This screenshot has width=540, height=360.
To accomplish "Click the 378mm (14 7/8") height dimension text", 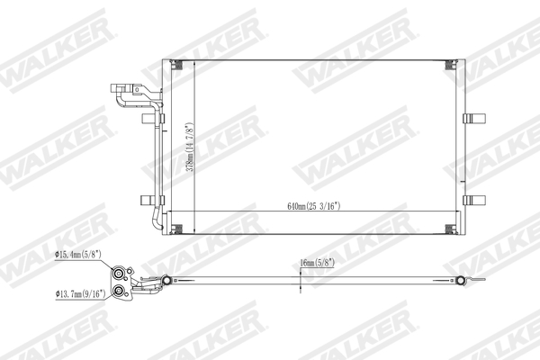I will (188, 148).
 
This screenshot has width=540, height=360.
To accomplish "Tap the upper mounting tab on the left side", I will (148, 118).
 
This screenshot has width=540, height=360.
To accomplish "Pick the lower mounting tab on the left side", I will (148, 200).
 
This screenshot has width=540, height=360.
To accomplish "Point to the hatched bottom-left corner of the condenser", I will (176, 229).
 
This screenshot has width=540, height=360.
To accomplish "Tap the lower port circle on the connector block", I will (118, 291).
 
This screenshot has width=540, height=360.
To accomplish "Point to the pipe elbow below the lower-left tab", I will (156, 220).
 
